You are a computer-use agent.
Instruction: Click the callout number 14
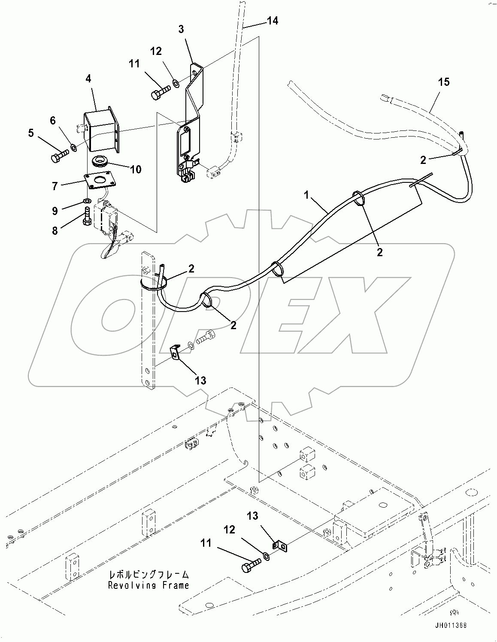272,21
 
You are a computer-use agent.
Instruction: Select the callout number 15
444,82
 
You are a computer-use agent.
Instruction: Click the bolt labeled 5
59,154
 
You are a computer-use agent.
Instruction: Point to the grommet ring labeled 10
101,161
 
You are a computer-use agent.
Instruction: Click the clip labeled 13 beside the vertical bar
175,353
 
